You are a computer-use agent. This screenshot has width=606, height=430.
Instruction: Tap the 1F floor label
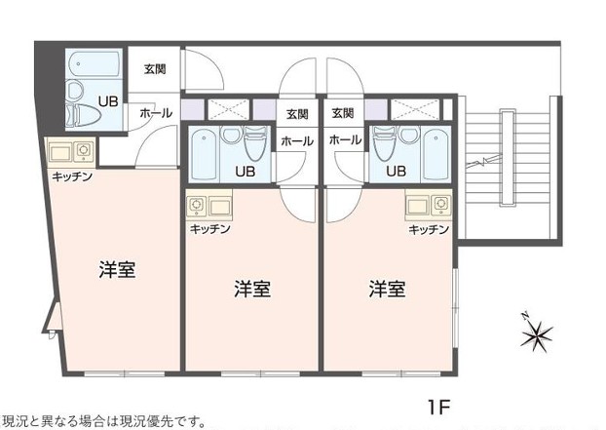tap(439, 407)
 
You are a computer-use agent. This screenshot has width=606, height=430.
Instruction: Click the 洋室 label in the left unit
tap(117, 270)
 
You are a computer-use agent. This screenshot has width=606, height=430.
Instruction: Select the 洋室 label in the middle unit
tap(252, 289)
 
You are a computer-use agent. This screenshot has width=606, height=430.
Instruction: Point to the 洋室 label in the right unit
tap(387, 289)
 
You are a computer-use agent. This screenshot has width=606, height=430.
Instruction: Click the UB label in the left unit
tap(108, 101)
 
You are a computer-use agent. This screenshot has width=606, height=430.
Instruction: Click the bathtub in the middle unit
tap(204, 154)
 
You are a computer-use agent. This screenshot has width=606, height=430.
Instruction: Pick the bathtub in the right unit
tap(436, 154)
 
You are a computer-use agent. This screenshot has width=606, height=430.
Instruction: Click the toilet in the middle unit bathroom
tap(256, 143)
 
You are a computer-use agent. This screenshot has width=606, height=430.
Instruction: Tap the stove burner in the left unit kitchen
tap(84, 149)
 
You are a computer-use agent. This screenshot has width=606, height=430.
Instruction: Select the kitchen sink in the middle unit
tap(220, 207)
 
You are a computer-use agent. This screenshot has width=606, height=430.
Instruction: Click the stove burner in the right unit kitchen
tap(441, 204)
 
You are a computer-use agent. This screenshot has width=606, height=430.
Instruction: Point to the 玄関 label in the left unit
tap(155, 69)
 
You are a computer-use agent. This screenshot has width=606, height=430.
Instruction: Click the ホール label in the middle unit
tap(297, 141)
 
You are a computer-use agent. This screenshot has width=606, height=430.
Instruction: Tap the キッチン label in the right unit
tap(429, 230)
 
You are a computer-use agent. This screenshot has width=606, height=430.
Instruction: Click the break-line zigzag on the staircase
tap(483, 160)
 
